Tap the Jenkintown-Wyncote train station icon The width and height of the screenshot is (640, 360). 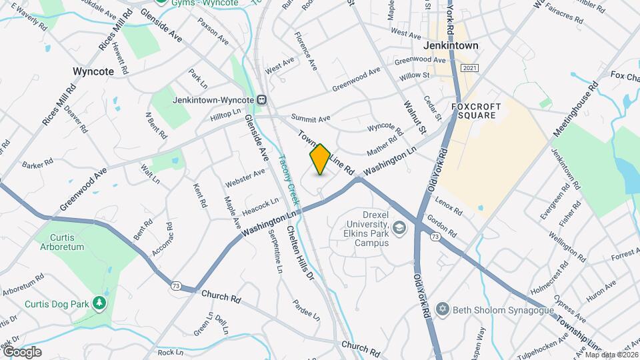point(263,100)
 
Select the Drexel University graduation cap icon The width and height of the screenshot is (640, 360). point(399,229)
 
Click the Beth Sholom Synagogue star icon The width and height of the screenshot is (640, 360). point(441,309)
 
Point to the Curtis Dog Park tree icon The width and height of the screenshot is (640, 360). point(99,304)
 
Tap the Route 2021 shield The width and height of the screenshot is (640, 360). point(469,69)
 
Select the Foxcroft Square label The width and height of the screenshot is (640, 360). point(475,111)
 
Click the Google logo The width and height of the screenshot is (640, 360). point(22,352)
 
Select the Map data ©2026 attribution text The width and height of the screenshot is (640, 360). point(609,355)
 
